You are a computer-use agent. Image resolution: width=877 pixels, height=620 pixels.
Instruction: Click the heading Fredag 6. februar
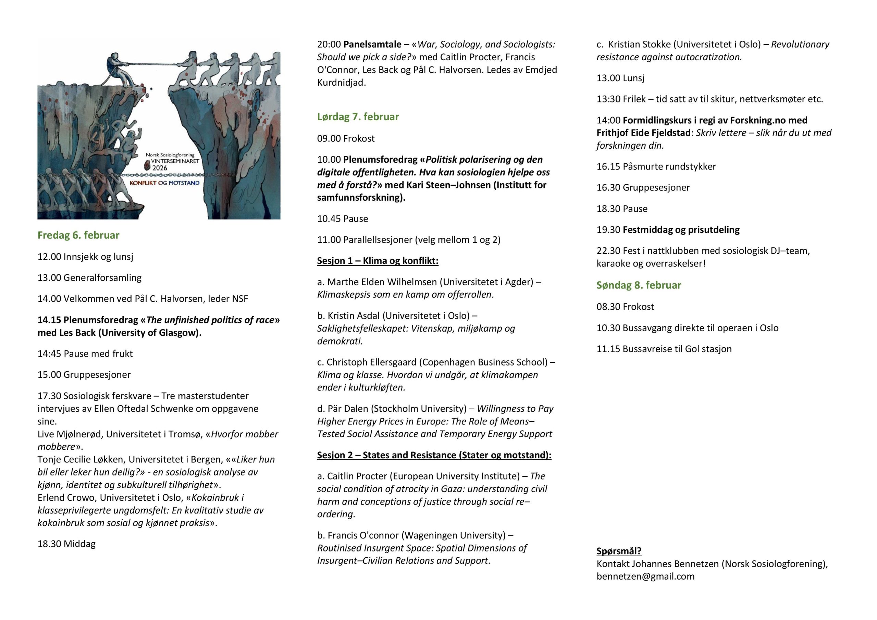tap(78, 235)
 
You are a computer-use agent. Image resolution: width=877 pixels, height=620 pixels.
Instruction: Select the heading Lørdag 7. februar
tap(358, 117)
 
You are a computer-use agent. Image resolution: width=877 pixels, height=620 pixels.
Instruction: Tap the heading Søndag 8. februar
tap(639, 285)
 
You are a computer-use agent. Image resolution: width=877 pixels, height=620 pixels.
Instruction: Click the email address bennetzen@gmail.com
tap(645, 576)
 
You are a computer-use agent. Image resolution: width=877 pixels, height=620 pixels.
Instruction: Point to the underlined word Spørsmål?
tap(619, 551)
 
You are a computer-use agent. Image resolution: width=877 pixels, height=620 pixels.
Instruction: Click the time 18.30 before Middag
tap(49, 544)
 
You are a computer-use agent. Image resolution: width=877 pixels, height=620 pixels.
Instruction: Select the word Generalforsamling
tap(102, 278)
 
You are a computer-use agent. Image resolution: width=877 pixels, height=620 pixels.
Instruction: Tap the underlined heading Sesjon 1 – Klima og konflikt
tap(378, 261)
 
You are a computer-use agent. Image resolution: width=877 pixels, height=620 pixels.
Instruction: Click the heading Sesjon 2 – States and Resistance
tap(434, 455)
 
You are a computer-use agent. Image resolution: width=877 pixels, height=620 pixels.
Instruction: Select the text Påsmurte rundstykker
tap(669, 166)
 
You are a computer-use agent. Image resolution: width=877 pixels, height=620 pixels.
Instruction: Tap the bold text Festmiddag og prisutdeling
tap(681, 230)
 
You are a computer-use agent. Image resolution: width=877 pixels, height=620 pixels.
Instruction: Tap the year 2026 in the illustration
tap(160, 168)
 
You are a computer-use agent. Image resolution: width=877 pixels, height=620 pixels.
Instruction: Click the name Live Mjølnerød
tap(70, 434)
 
